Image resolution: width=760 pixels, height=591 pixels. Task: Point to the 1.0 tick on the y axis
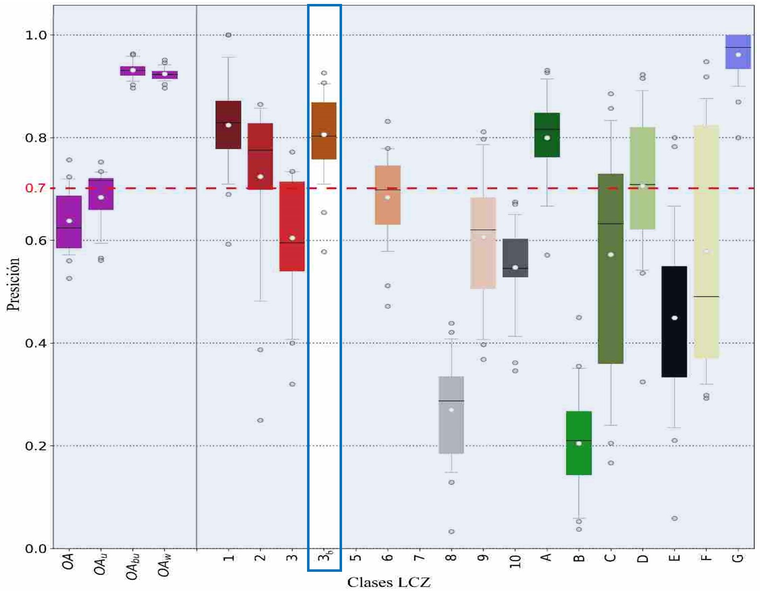coord(35,35)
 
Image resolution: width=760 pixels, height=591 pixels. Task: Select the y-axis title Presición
coord(13,284)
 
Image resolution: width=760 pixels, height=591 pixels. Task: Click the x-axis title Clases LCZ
coord(388,582)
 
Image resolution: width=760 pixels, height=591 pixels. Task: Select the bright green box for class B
coord(579,443)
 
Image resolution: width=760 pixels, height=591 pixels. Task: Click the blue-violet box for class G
coord(738,52)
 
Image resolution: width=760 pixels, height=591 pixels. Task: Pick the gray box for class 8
coord(451,415)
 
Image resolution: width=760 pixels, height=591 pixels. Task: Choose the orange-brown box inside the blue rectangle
coord(324,131)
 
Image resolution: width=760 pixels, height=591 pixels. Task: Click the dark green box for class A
coord(547,135)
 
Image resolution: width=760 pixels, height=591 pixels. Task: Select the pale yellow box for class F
coord(706,241)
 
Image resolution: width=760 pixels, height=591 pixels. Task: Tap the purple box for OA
coord(69,222)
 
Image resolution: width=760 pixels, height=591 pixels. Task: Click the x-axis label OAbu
coord(133,566)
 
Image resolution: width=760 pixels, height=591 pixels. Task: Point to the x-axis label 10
coord(515,560)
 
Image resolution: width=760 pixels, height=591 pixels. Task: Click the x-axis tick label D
coord(642,558)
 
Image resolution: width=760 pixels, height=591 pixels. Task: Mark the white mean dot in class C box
coord(611,255)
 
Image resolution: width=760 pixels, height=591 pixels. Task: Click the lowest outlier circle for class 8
coord(451,531)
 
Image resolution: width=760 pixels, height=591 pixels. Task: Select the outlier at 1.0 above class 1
coord(228,35)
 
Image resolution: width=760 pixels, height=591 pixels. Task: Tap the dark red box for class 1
coord(228,125)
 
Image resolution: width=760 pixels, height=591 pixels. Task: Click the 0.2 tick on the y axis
coord(35,446)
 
